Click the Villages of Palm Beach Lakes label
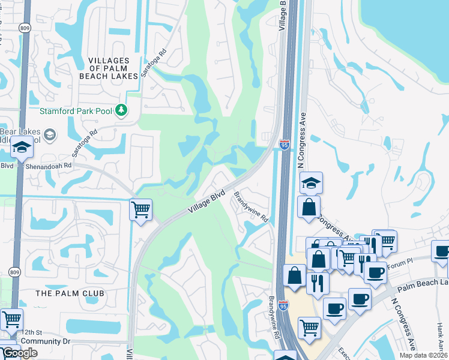click(x=109, y=68)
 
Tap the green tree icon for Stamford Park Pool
click(x=122, y=110)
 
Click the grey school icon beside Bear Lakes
click(x=50, y=134)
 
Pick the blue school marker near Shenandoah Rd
click(x=22, y=148)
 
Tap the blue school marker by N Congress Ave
click(x=311, y=182)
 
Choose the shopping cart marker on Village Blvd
click(x=140, y=211)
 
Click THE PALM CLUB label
click(x=70, y=293)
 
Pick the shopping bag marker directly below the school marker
click(x=309, y=207)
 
